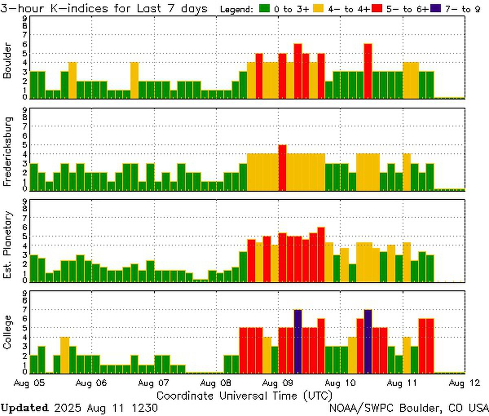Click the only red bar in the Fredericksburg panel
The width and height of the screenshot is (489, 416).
pos(282,168)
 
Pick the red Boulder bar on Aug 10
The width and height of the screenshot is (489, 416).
pos(368,71)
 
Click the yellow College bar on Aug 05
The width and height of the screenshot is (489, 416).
pos(65,355)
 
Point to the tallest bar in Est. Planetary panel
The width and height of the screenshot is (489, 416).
pos(321,254)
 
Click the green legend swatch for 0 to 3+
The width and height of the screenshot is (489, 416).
pos(265,9)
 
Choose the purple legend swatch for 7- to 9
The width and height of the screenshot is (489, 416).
pos(436,9)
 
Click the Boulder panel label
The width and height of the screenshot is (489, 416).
pos(7,60)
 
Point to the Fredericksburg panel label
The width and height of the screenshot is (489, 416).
pos(7,152)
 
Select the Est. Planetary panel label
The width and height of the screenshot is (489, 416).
pos(7,245)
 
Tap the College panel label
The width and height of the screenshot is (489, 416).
pos(7,332)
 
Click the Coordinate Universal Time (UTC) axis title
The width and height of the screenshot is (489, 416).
pos(244,396)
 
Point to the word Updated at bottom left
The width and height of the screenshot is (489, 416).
pos(24,408)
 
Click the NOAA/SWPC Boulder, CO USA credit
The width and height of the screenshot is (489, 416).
pos(409,408)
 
